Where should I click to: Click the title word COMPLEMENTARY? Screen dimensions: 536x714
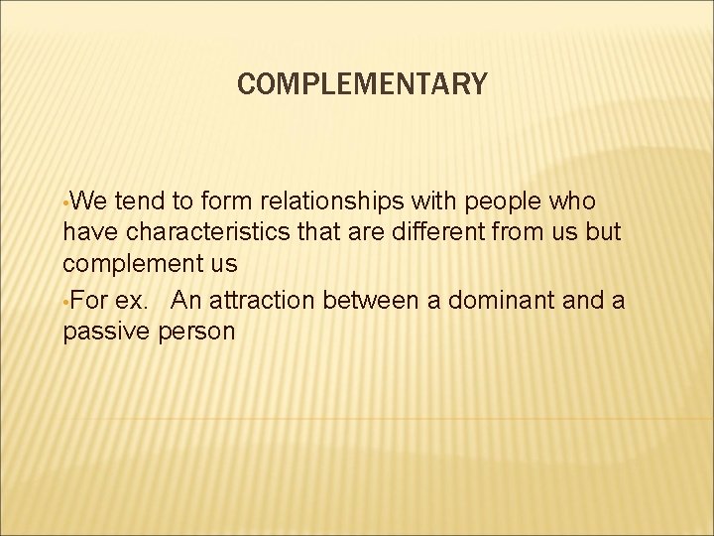click(362, 85)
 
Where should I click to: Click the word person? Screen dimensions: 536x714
click(196, 332)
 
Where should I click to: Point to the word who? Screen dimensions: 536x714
click(574, 202)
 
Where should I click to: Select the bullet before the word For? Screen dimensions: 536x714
click(65, 302)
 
